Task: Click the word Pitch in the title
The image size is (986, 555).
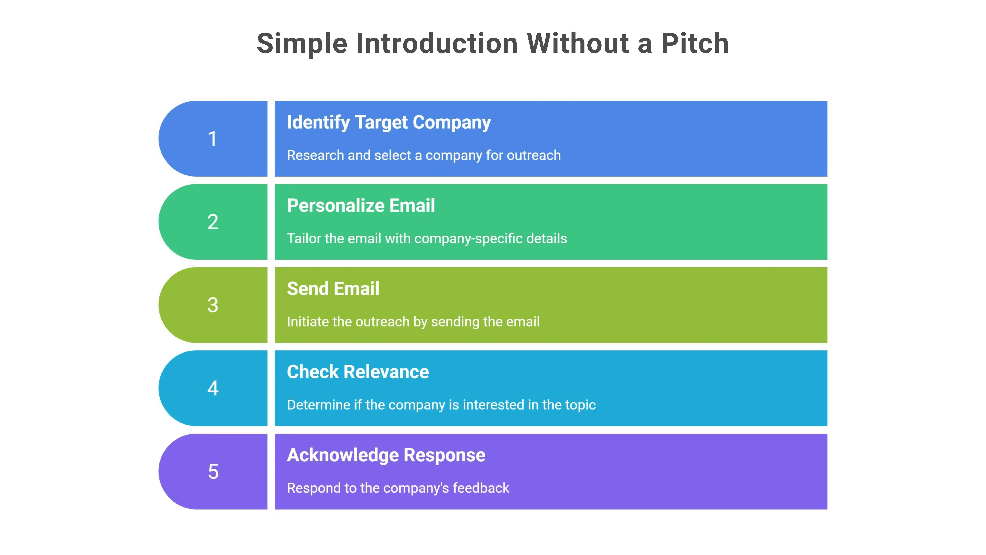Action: click(695, 43)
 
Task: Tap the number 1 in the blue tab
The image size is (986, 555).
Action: click(212, 139)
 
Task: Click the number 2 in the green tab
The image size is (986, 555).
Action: click(213, 222)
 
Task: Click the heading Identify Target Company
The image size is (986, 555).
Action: click(389, 123)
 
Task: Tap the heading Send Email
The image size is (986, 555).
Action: click(333, 289)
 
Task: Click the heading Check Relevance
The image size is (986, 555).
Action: click(358, 372)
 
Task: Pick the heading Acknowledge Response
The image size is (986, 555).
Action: click(386, 455)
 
